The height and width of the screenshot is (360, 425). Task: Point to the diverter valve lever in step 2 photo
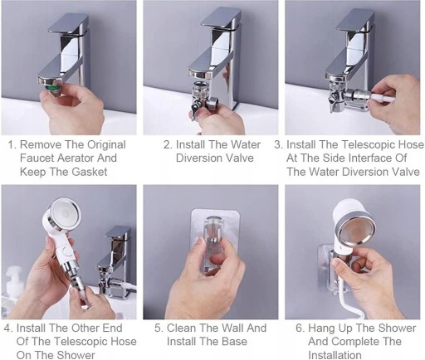(196, 109)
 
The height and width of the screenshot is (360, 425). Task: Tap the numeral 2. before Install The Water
(168, 144)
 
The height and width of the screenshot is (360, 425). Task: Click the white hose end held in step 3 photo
(383, 97)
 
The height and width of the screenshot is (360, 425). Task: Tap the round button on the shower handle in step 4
(67, 252)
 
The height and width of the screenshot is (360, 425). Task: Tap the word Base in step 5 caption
(234, 342)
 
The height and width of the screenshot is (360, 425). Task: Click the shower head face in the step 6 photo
(356, 231)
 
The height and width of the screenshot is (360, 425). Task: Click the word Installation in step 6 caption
(335, 355)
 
